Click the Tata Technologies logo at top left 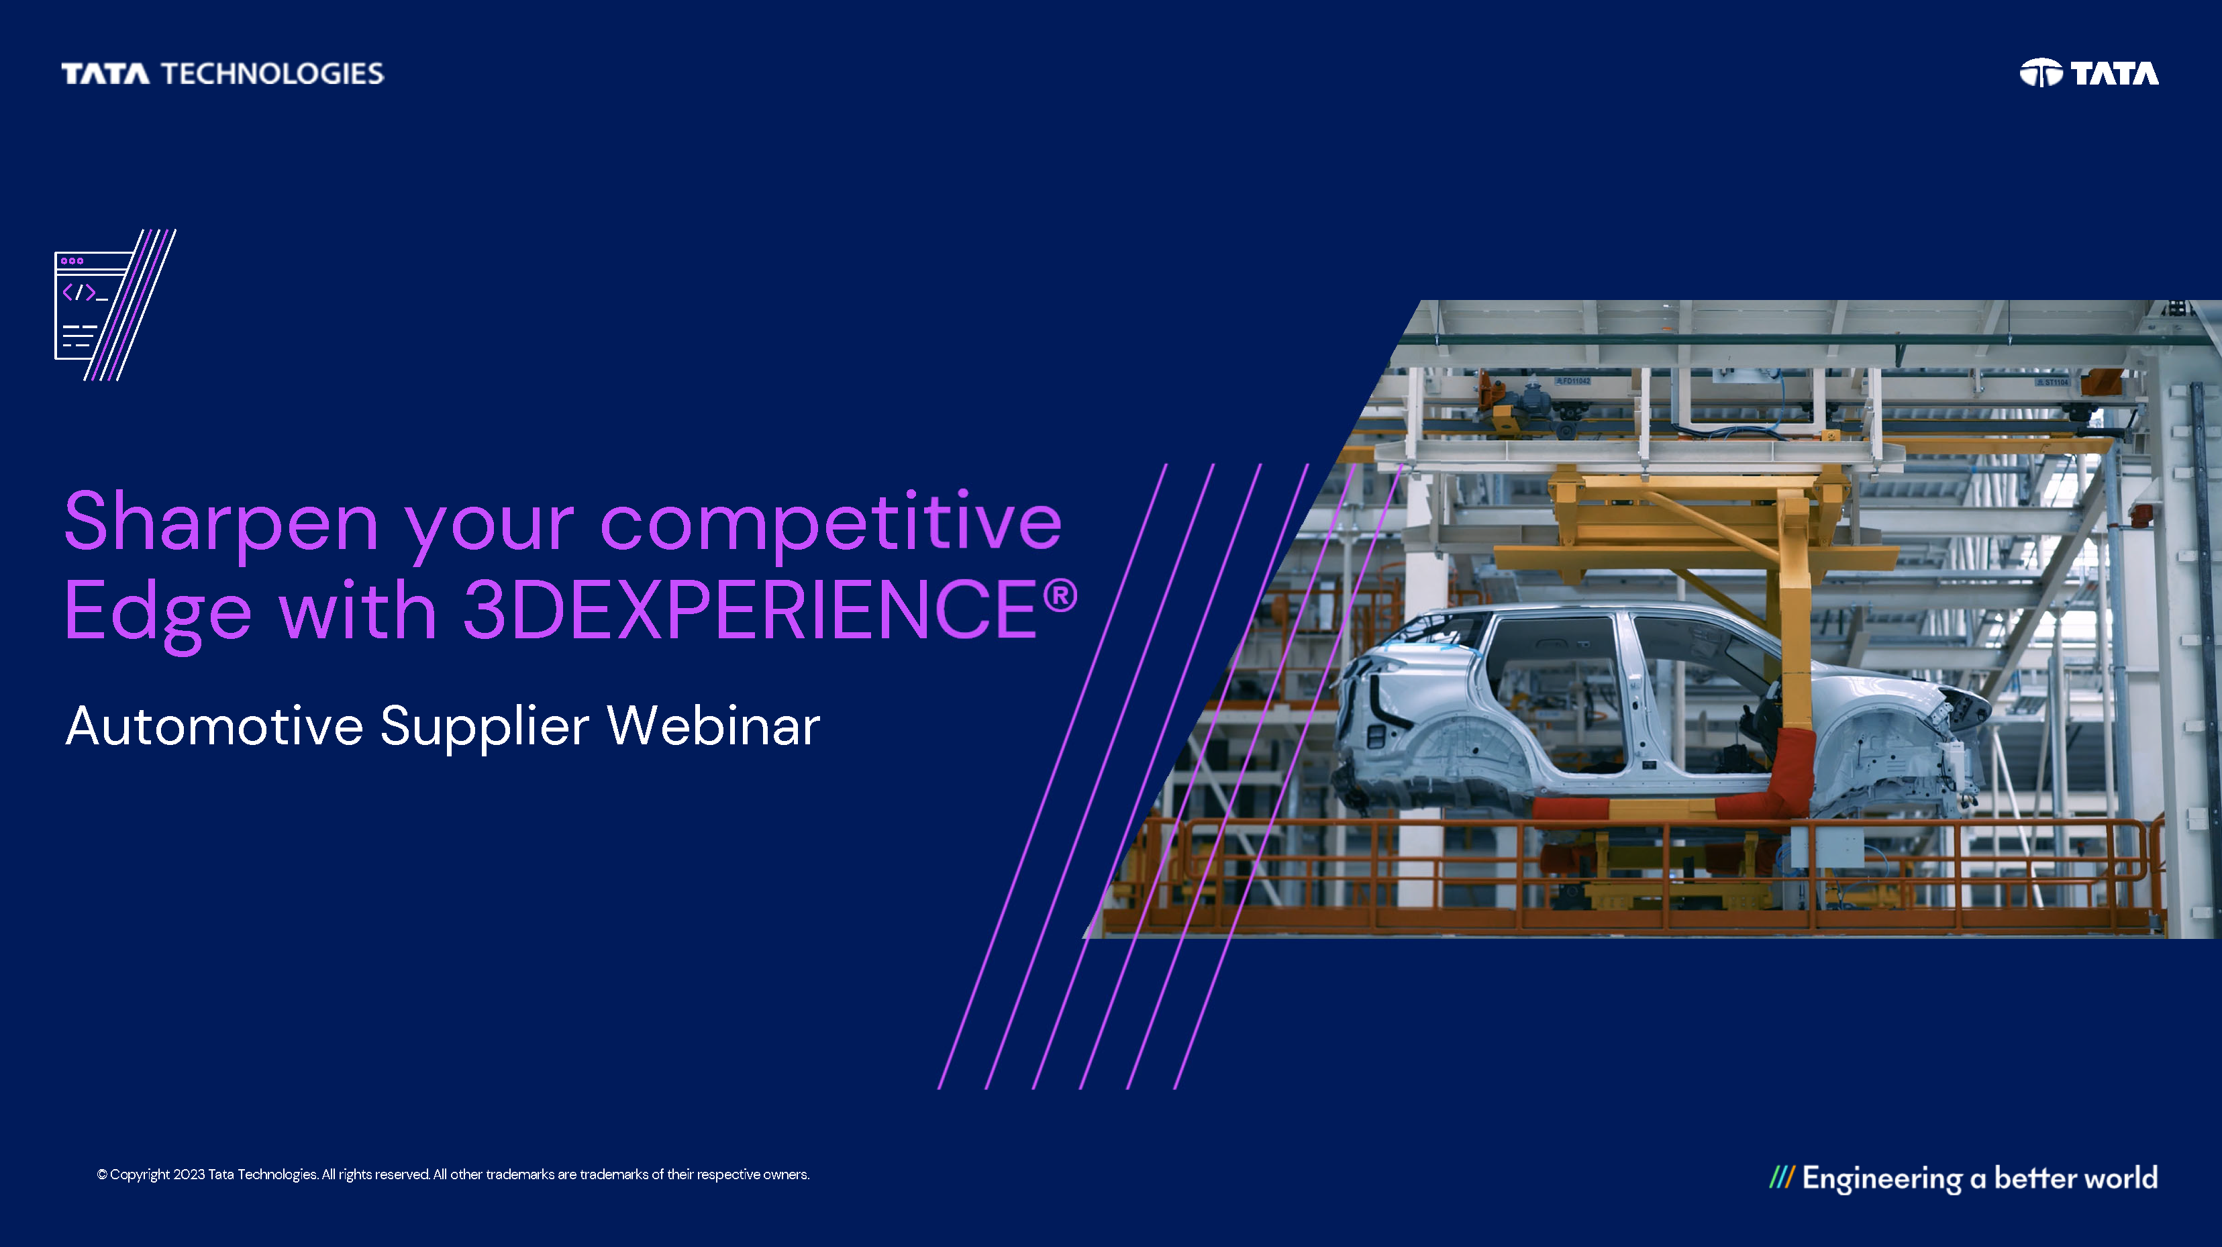click(223, 73)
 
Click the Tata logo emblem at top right click(2041, 72)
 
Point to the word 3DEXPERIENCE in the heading click(749, 611)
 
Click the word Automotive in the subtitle click(214, 726)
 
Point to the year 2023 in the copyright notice click(189, 1175)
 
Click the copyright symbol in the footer click(102, 1175)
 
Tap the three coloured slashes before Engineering click(1781, 1177)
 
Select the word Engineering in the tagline click(1881, 1178)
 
